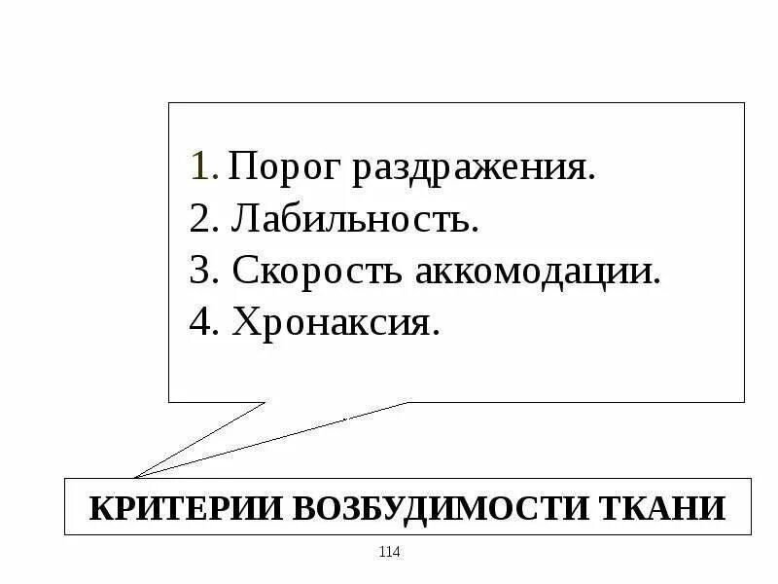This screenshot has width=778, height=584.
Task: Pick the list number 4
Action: (x=199, y=322)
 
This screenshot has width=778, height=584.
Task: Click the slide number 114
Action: (x=389, y=553)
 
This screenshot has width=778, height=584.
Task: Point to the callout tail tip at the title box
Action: (x=135, y=477)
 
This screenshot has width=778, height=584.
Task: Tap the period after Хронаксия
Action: (x=436, y=332)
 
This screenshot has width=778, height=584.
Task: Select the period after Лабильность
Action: (x=476, y=230)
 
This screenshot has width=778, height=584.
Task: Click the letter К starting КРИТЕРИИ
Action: (x=100, y=508)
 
